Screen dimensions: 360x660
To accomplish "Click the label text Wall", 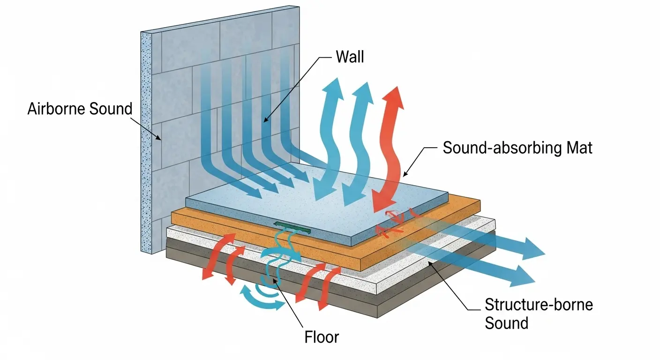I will (350, 58).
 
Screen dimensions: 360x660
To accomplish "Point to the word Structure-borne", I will (539, 305).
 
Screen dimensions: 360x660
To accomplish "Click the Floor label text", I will (322, 337).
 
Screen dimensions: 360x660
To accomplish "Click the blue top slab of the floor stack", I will (305, 197).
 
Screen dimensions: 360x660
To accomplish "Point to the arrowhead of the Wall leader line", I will (264, 121).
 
